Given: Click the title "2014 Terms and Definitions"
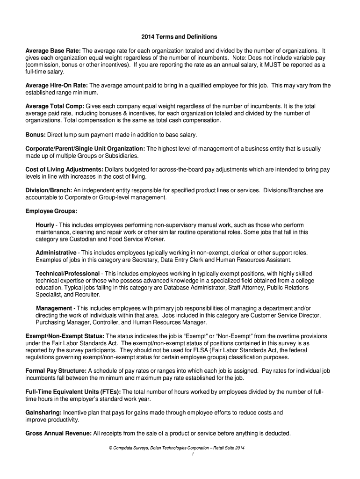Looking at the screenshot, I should [x=180, y=36].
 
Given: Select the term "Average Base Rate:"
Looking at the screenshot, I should [x=53, y=50].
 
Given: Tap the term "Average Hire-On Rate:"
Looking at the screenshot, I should [x=57, y=86].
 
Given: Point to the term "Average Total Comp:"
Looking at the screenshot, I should [x=55, y=106].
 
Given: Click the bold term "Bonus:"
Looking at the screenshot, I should [x=35, y=135].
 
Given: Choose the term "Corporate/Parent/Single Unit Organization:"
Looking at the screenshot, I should [x=86, y=149].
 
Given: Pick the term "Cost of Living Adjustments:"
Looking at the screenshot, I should [x=65, y=169].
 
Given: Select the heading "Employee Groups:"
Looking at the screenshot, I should [x=51, y=211].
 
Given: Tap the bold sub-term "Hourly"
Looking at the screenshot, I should [x=45, y=225].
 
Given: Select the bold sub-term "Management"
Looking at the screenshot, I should [x=54, y=308].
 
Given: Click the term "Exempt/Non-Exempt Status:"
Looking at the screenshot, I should [x=65, y=336].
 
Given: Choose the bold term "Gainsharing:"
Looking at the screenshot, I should [x=43, y=413].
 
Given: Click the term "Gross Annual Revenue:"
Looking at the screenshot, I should [x=58, y=433].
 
